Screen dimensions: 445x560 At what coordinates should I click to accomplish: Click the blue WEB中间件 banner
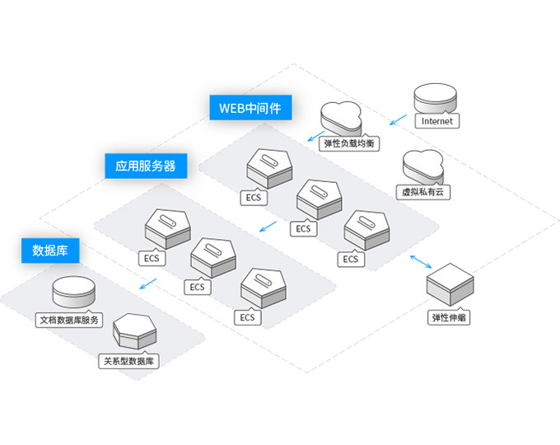250,108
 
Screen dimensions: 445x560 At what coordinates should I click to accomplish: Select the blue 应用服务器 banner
146,166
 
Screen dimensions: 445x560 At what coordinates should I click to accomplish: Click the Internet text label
436,121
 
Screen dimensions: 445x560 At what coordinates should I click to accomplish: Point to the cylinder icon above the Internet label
436,98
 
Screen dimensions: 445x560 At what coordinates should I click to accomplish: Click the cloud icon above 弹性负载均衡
341,116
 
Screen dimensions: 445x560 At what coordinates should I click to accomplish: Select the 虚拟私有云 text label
422,191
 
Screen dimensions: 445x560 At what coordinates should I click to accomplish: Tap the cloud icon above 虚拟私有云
422,165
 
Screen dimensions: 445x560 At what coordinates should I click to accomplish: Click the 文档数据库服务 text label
70,320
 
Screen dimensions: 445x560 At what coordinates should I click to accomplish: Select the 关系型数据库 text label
128,360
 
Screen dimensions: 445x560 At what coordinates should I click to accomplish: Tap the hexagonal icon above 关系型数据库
135,330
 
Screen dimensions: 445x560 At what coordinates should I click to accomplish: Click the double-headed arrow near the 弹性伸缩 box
421,262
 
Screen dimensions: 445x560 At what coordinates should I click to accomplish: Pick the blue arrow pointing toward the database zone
146,287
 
